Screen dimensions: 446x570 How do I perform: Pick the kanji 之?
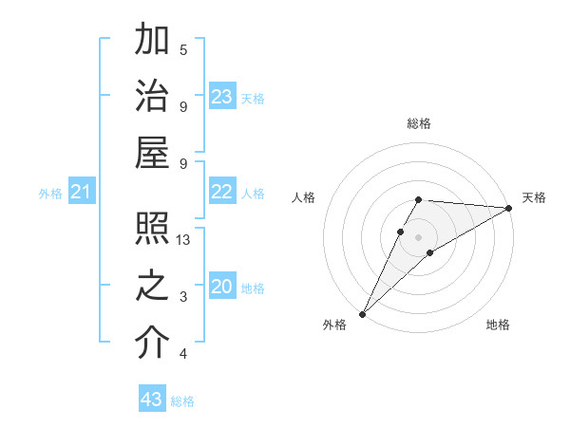152,288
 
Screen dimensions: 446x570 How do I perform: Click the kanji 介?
152,344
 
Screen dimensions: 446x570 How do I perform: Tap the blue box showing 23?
222,96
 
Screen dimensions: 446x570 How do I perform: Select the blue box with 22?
222,192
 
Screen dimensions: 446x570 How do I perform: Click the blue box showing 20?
222,287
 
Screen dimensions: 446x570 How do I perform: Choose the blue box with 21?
81,193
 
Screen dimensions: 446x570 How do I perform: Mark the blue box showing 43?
152,400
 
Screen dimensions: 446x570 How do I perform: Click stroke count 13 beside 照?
184,240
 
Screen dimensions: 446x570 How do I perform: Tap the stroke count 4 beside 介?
183,354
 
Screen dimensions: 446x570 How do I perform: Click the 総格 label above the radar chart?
419,123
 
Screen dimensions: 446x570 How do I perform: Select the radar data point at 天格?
509,208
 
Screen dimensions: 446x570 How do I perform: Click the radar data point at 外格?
362,313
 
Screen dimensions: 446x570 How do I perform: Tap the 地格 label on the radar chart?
498,325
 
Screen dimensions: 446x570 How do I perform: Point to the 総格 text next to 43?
182,401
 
